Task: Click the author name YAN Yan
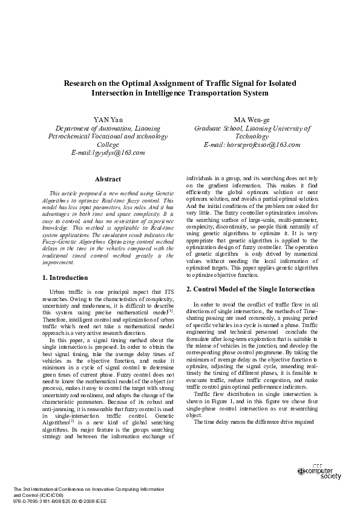pyautogui.click(x=108, y=120)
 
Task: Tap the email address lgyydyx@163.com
pyautogui.click(x=108, y=153)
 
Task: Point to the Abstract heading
pyautogui.click(x=108, y=179)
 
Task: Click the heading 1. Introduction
pyautogui.click(x=65, y=277)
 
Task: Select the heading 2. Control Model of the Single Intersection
pyautogui.click(x=250, y=290)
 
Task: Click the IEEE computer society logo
pyautogui.click(x=319, y=472)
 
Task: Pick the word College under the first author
pyautogui.click(x=108, y=145)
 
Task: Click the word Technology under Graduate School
pyautogui.click(x=252, y=137)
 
